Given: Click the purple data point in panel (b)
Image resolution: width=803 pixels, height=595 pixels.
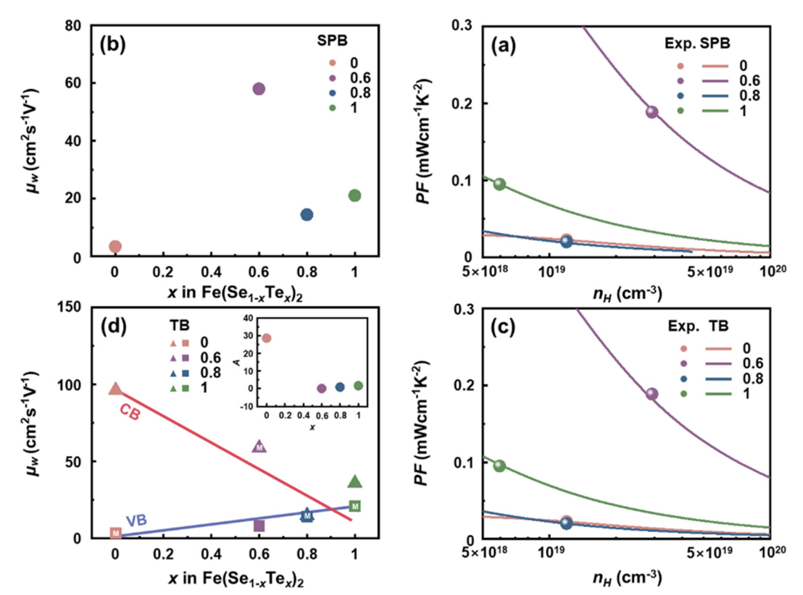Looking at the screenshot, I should click(x=259, y=89).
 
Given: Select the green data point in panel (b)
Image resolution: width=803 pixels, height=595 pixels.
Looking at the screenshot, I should click(x=354, y=195).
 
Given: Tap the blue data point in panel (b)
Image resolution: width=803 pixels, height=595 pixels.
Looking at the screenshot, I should click(x=307, y=214).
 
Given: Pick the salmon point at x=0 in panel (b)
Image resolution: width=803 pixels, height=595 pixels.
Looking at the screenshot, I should click(x=115, y=247).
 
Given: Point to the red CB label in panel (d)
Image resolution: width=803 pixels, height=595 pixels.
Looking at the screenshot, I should click(x=130, y=411).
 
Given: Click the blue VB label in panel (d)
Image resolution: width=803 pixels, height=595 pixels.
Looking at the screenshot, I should click(x=136, y=520).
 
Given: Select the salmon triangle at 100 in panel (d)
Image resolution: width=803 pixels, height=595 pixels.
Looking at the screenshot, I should click(x=115, y=389).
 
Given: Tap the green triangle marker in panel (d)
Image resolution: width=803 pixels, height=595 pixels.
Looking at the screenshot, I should click(x=354, y=482).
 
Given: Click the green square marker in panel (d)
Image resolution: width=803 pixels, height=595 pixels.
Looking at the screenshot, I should click(x=354, y=506).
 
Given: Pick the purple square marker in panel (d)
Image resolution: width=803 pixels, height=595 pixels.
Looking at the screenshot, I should click(x=259, y=526).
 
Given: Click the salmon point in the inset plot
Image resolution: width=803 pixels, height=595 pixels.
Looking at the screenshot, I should click(x=267, y=338).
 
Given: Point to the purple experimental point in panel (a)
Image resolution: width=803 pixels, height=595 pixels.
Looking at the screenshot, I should click(x=652, y=111).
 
